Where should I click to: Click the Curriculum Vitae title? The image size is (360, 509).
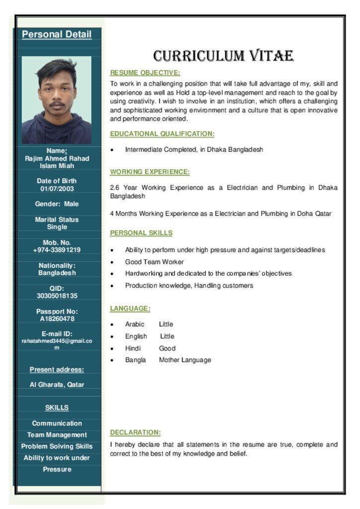click(223, 56)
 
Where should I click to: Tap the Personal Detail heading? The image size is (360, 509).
click(57, 34)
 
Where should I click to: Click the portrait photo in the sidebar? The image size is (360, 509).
click(57, 100)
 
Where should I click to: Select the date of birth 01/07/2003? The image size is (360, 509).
click(57, 189)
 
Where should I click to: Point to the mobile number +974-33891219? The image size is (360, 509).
click(57, 250)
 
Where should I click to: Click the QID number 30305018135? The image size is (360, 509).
click(57, 296)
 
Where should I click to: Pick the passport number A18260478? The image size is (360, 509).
click(57, 319)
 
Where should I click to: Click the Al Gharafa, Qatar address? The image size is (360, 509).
click(57, 385)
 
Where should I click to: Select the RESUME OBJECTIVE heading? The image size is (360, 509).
click(145, 73)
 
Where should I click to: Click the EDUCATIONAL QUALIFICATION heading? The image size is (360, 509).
click(162, 134)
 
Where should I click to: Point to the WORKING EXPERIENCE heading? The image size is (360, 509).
click(150, 172)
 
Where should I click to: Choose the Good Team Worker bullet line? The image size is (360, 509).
click(154, 262)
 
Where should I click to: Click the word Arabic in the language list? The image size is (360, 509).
click(135, 324)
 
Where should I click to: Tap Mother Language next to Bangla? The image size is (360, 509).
click(185, 360)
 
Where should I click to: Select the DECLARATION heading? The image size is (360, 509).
click(135, 432)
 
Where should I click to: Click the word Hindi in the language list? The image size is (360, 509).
click(133, 348)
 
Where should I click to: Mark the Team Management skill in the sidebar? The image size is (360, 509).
click(57, 435)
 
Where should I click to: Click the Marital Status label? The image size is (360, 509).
click(57, 219)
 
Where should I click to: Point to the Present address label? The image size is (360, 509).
click(57, 369)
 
